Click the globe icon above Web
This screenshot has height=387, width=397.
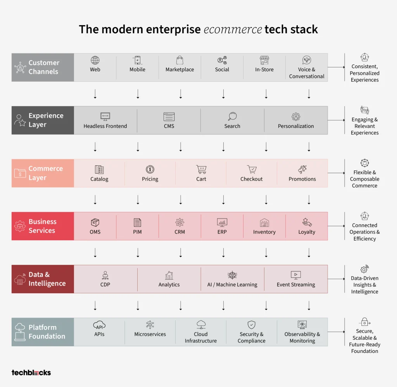[x=95, y=60]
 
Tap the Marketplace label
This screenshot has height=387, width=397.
[x=180, y=70]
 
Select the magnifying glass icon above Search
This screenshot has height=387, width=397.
[x=232, y=117]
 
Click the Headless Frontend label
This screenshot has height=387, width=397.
[x=105, y=126]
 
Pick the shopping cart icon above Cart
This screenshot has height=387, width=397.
[x=201, y=169]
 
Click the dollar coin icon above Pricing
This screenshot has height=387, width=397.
[x=150, y=169]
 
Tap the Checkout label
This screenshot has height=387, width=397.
[x=251, y=179]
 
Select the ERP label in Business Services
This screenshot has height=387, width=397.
[x=222, y=232]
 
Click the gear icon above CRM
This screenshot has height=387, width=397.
[x=180, y=222]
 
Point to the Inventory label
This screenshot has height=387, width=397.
[x=264, y=232]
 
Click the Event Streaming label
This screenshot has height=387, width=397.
[x=296, y=285]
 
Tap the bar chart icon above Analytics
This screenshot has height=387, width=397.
[x=169, y=275]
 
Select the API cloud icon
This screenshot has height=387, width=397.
[x=99, y=325]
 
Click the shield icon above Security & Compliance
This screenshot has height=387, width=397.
[x=251, y=325]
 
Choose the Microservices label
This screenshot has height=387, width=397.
[x=150, y=334]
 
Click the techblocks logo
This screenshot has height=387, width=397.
[x=31, y=373]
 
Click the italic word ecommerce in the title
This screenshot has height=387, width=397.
[x=233, y=29]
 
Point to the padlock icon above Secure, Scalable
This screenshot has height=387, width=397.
[x=364, y=322]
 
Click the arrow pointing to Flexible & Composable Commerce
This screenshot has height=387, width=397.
[x=336, y=173]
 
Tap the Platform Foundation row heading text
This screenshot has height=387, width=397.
[x=47, y=332]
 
